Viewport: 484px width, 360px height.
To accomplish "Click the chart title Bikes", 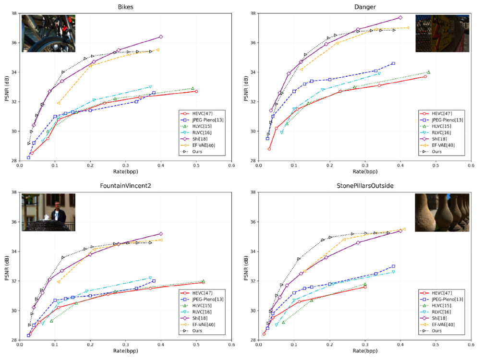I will [125, 7].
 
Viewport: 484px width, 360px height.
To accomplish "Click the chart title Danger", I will [364, 7].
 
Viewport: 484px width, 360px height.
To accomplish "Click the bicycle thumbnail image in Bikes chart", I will [48, 33].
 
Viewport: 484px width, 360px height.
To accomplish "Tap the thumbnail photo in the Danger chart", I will [442, 33].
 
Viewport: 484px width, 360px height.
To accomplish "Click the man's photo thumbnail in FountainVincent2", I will [48, 212].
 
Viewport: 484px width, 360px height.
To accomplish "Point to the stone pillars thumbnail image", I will [442, 212].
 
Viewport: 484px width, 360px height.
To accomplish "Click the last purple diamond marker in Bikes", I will [161, 36].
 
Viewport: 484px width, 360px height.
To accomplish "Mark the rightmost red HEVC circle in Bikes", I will [196, 91].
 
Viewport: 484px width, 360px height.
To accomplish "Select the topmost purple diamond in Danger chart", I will [400, 17].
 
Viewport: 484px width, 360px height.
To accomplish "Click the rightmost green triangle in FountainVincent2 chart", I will [203, 281].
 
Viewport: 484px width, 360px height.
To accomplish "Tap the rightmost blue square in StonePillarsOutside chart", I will [393, 266].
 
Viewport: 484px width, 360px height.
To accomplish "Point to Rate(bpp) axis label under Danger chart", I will [364, 171].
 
